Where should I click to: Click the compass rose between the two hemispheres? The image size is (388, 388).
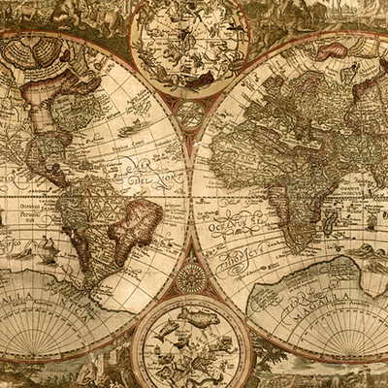tap(190, 278)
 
